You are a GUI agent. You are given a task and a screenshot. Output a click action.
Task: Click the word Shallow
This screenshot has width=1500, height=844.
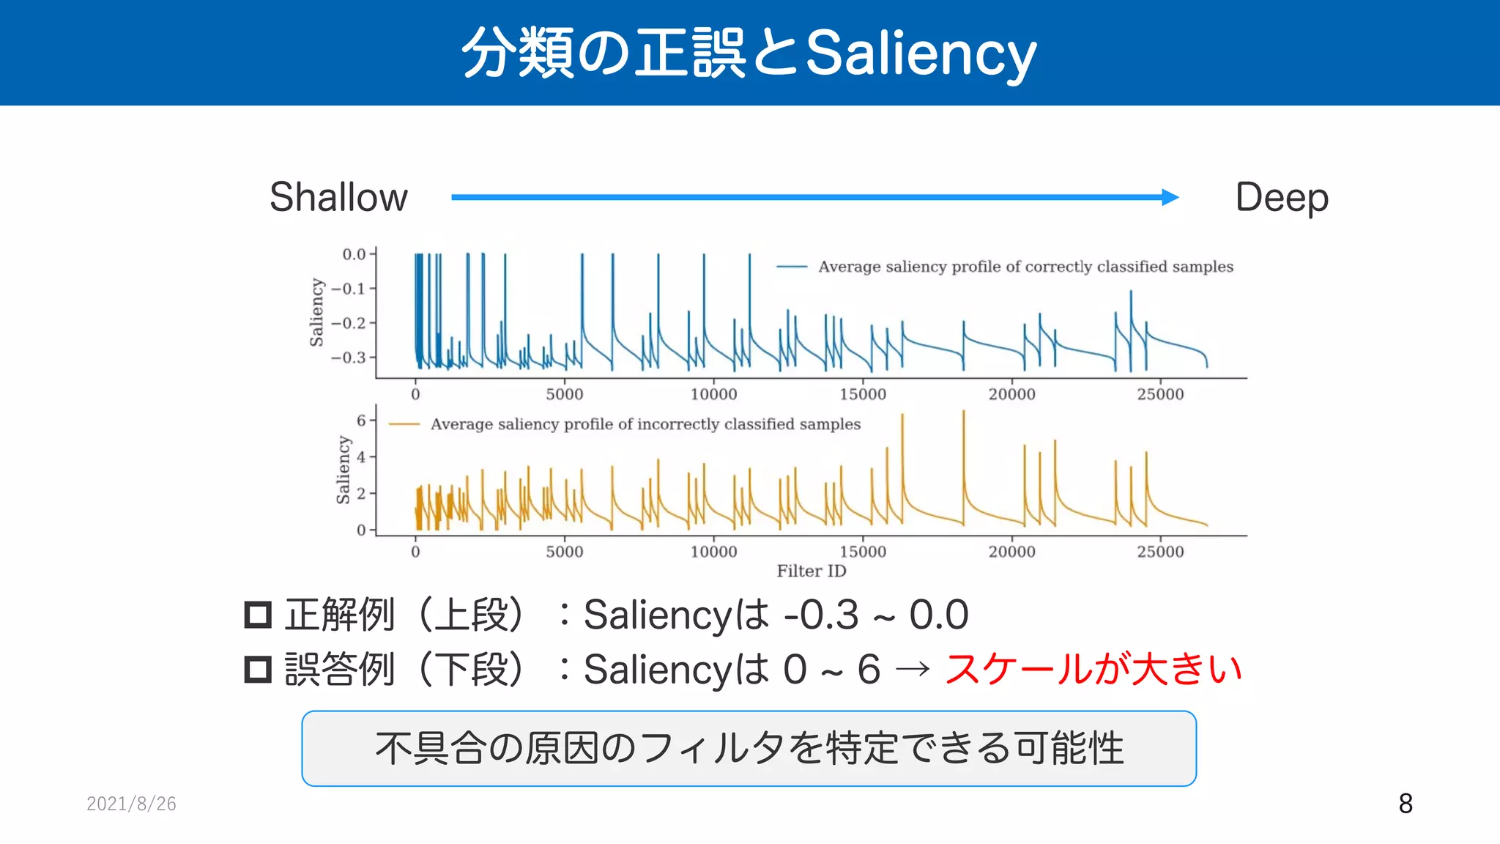[338, 197]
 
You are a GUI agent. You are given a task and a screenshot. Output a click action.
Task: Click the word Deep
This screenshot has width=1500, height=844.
[1281, 198]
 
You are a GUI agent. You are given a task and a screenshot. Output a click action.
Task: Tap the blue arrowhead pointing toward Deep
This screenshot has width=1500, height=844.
[1170, 197]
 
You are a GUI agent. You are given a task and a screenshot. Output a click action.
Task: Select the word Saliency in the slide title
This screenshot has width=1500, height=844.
[921, 53]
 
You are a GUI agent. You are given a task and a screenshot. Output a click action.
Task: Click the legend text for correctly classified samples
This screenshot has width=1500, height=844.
[1025, 267]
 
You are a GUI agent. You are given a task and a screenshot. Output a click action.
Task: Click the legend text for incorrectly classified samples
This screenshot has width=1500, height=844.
[645, 424]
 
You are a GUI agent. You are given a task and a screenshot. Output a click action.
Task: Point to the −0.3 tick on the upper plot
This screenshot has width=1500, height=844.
[349, 358]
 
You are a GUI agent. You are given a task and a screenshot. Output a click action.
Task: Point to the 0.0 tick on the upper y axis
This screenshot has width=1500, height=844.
[354, 254]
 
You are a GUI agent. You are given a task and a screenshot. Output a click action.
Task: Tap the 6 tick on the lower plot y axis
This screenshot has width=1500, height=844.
[361, 421]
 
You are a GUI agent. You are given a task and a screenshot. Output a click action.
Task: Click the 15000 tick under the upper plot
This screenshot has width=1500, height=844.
[862, 394]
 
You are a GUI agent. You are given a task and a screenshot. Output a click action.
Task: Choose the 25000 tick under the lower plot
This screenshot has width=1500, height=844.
[1160, 552]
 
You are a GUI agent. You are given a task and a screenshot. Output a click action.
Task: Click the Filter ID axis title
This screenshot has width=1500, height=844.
[811, 571]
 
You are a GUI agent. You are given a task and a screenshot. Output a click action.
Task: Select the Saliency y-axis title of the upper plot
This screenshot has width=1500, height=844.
[316, 312]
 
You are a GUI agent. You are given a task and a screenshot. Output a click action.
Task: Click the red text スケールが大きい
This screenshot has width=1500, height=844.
[1093, 669]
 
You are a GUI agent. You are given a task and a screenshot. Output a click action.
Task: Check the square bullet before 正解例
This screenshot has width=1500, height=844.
[258, 615]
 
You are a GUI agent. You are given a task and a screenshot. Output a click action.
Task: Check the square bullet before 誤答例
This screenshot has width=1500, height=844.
[258, 670]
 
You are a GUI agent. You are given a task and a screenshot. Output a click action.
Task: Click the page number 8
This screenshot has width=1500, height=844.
[1405, 804]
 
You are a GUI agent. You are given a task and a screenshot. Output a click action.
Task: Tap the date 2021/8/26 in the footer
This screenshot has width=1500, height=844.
[131, 804]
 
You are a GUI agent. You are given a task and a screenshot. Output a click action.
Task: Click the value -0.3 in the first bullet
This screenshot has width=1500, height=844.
[820, 615]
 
